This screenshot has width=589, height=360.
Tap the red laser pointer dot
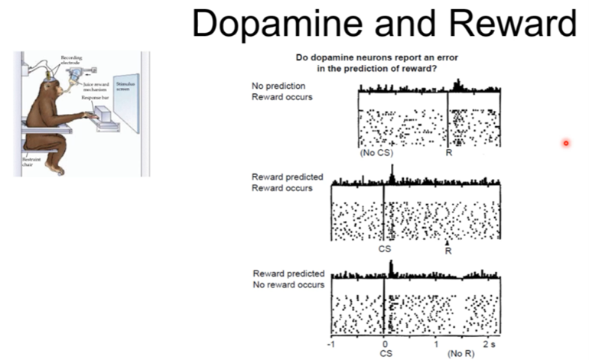pyautogui.click(x=566, y=143)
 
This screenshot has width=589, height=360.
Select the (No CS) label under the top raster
pyautogui.click(x=376, y=153)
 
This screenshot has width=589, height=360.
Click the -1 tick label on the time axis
pyautogui.click(x=330, y=344)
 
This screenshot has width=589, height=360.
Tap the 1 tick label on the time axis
pyautogui.click(x=436, y=344)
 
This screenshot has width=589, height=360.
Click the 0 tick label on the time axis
pyautogui.click(x=384, y=344)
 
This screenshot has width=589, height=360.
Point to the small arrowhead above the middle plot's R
pyautogui.click(x=447, y=243)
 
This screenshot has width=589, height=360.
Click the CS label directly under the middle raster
pyautogui.click(x=384, y=249)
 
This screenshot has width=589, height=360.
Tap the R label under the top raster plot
pyautogui.click(x=449, y=153)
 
